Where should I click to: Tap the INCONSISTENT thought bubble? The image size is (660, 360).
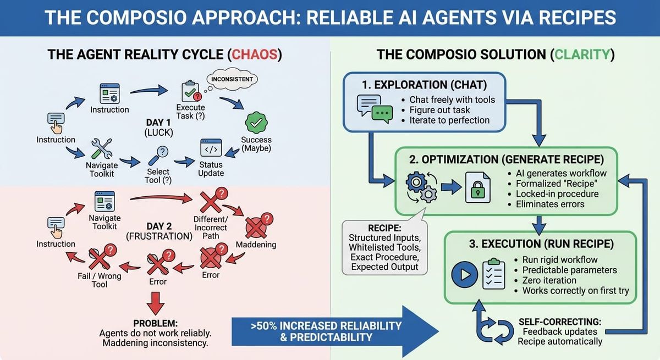pos(232,79)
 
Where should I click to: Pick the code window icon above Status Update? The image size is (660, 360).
pos(211,148)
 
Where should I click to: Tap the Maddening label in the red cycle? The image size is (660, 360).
pos(256,243)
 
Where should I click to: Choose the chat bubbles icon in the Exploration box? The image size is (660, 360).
pos(372,108)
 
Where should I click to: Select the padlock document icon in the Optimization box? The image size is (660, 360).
pos(476,187)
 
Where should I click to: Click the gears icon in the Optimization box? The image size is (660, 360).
pos(421,187)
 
